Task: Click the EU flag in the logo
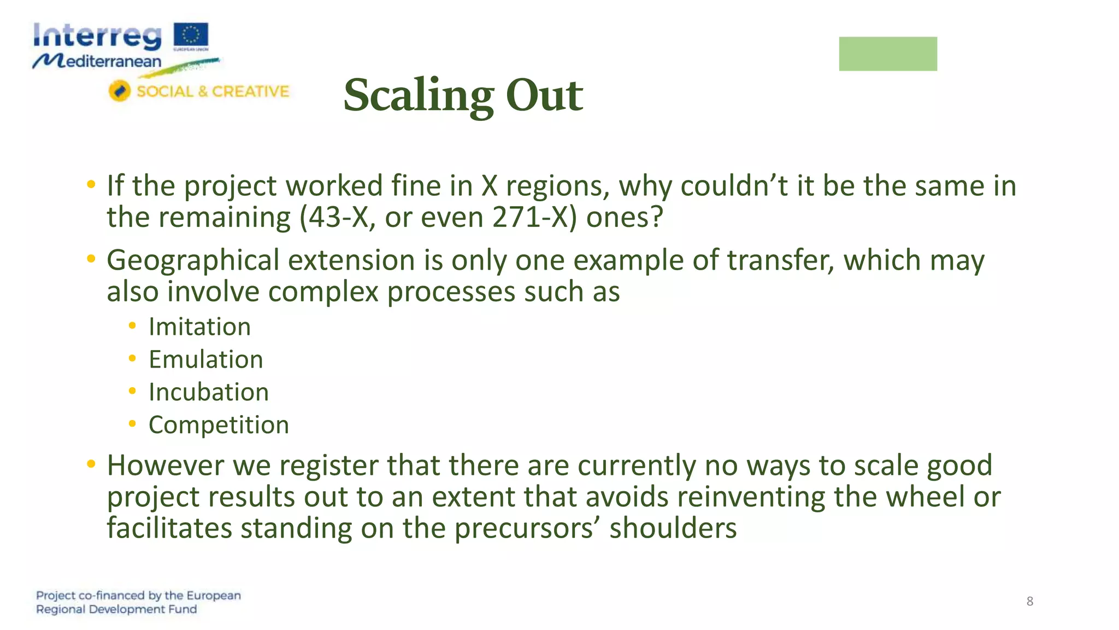pyautogui.click(x=191, y=36)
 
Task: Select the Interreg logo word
pyautogui.click(x=97, y=37)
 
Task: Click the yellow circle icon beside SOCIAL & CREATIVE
pyautogui.click(x=119, y=91)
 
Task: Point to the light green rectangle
pyautogui.click(x=887, y=54)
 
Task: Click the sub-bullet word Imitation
pyautogui.click(x=199, y=327)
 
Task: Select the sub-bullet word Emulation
pyautogui.click(x=205, y=360)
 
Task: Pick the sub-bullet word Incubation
pyautogui.click(x=208, y=392)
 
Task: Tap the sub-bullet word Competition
pyautogui.click(x=219, y=425)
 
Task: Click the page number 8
pyautogui.click(x=1029, y=601)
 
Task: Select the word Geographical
pyautogui.click(x=192, y=260)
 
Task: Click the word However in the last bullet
pyautogui.click(x=165, y=465)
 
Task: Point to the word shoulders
pyautogui.click(x=673, y=528)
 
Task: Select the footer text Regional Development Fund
pyautogui.click(x=116, y=609)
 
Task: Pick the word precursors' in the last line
pyautogui.click(x=527, y=528)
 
